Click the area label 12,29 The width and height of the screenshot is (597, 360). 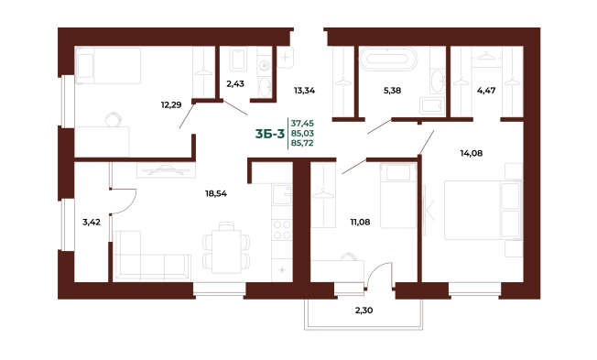171,104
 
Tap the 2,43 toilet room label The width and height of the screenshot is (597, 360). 235,83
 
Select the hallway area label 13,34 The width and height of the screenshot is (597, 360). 304,91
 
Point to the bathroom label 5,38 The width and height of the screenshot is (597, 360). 392,91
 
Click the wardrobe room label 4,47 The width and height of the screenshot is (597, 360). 486,91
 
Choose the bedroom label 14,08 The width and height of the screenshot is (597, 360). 472,153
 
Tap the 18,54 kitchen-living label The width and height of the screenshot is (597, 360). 216,193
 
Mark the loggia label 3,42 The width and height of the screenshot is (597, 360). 92,222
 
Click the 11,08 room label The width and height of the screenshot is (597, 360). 360,222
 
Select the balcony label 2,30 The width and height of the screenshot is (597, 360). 364,311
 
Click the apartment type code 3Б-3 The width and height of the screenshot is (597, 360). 270,134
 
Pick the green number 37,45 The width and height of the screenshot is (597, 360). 302,123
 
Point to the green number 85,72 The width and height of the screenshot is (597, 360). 302,143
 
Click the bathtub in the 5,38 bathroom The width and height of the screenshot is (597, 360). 388,59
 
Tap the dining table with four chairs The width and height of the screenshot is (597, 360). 226,248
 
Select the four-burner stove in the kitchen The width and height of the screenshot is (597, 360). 282,230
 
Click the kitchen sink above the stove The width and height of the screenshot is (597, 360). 282,195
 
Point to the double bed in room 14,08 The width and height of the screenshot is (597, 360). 483,211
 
